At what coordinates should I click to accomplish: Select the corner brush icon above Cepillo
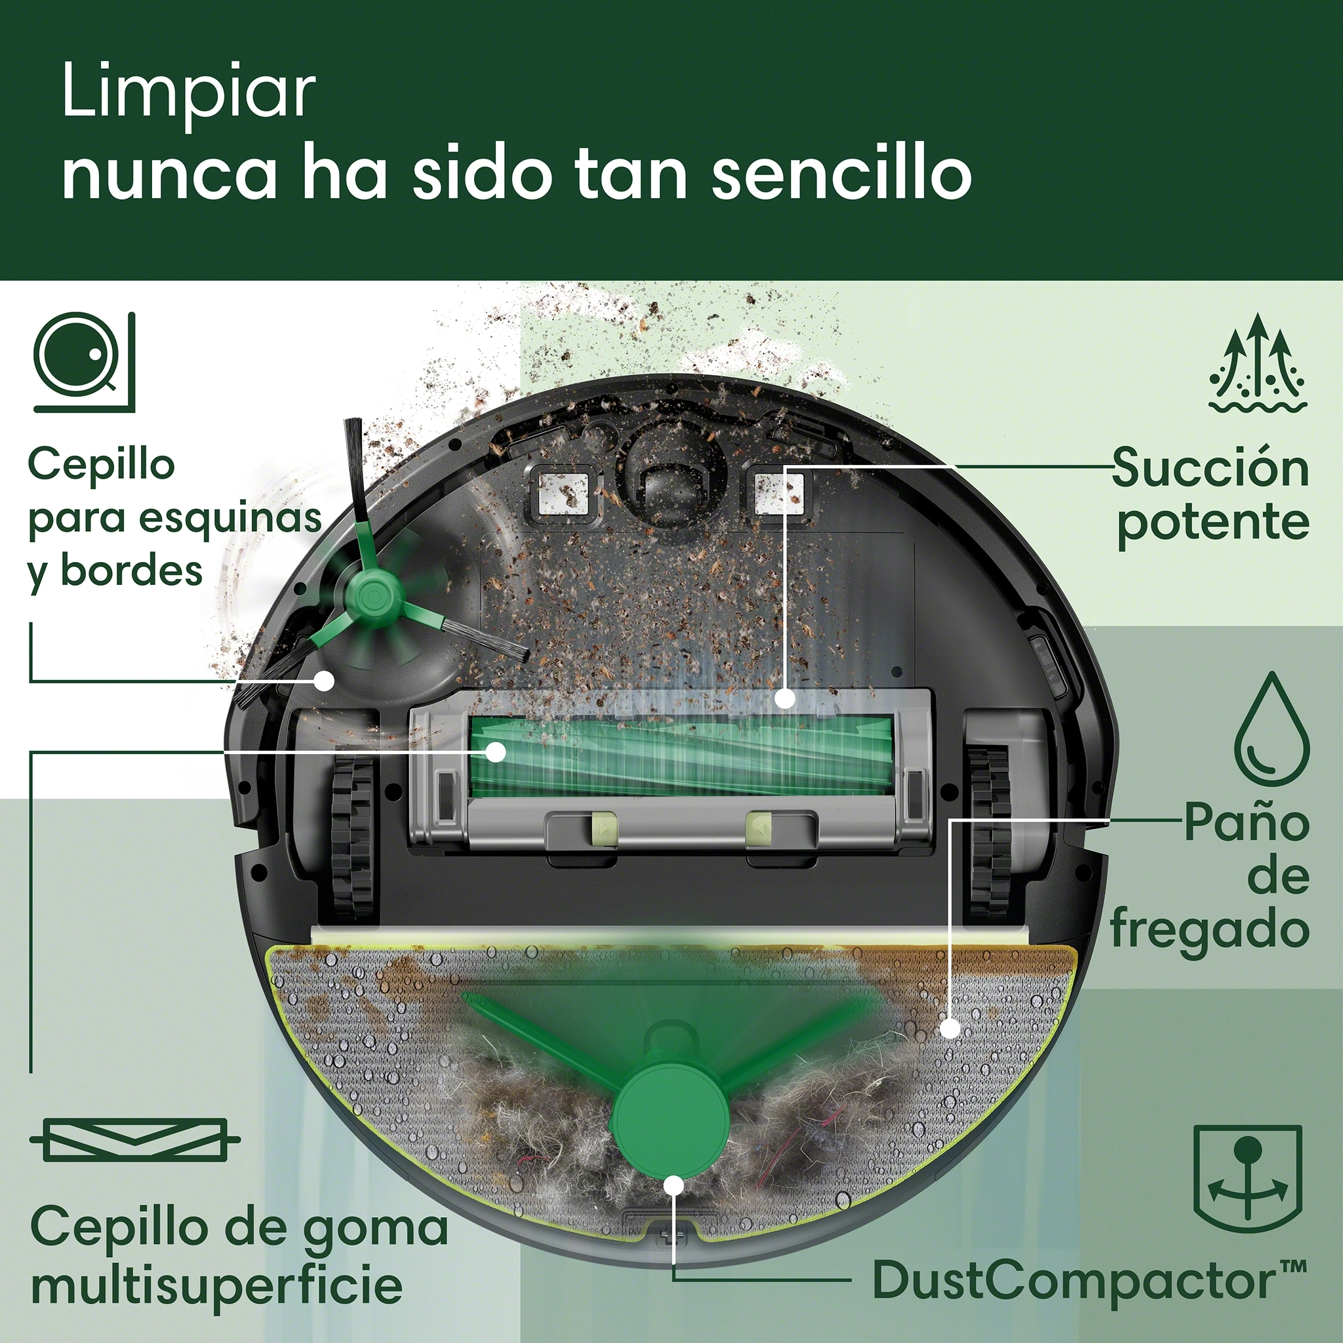[84, 361]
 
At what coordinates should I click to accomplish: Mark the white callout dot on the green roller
[496, 752]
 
